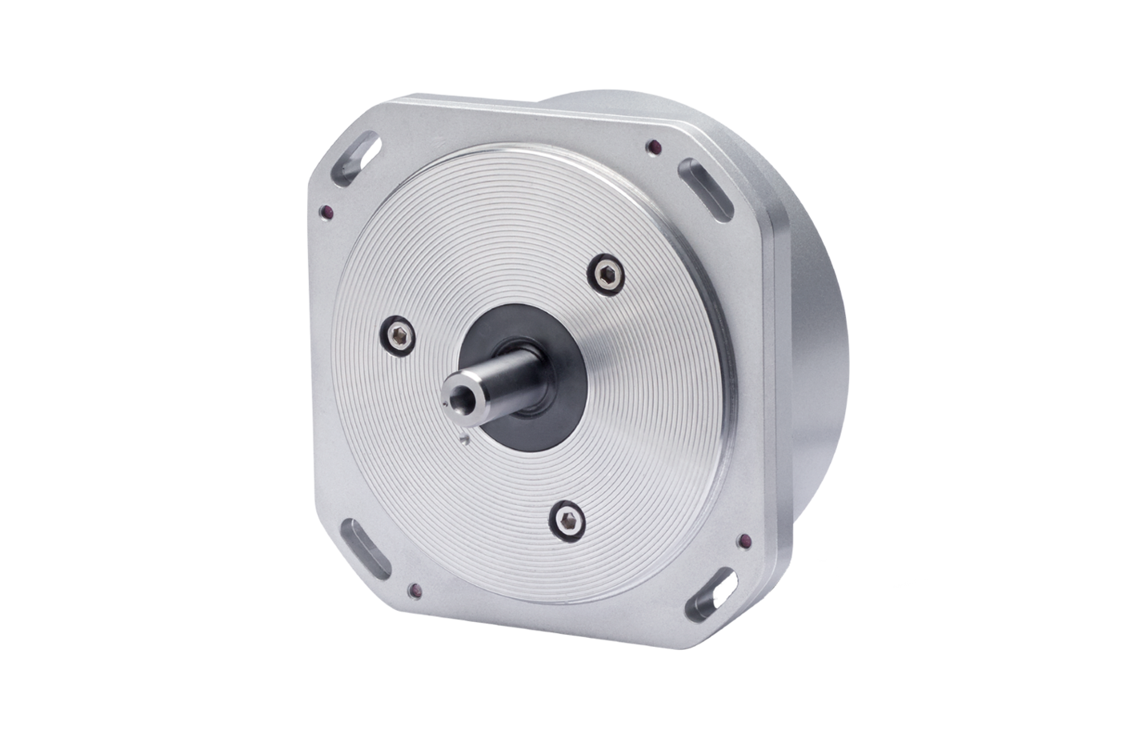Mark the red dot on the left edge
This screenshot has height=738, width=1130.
coord(325,211)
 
